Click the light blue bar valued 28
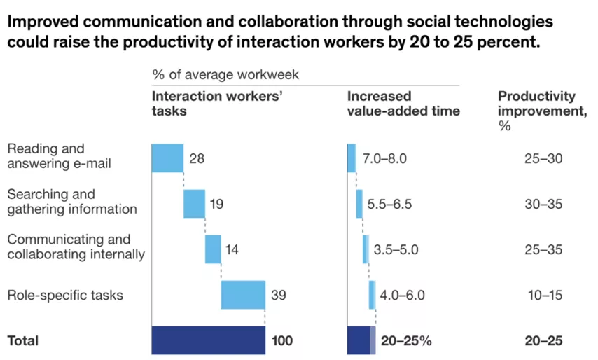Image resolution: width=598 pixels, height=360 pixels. (167, 158)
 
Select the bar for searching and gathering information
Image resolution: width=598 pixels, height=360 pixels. (194, 204)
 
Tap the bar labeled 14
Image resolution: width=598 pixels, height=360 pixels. (213, 249)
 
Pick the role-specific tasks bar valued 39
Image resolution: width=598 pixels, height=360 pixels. (243, 295)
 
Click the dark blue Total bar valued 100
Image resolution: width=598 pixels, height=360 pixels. (208, 341)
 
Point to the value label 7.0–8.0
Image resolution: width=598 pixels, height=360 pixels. (384, 159)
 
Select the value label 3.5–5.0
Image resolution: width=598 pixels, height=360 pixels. (396, 250)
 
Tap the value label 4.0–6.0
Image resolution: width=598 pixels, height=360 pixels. (402, 296)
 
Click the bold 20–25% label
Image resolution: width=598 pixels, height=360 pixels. (406, 342)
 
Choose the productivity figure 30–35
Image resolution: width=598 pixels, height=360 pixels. (543, 205)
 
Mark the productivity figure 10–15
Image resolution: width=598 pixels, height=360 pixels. (545, 296)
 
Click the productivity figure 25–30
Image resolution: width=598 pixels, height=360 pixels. (543, 159)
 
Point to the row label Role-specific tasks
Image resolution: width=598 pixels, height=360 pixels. (65, 295)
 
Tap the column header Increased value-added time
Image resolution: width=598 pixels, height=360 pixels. (403, 103)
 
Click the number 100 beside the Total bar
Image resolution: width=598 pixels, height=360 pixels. (282, 342)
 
